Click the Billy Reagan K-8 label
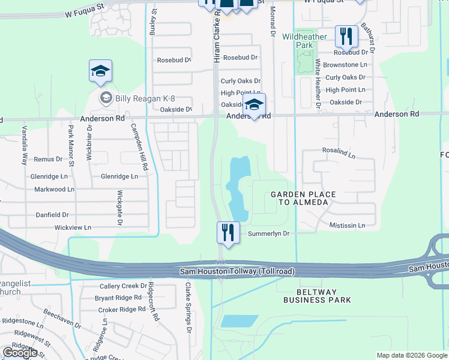137,98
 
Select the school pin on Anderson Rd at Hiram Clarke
254,105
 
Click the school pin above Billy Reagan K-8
101,72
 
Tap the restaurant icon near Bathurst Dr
346,37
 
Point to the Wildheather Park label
304,41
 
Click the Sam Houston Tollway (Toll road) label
238,272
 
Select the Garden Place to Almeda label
299,198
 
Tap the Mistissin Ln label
347,226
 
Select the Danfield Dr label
53,214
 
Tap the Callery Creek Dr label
123,286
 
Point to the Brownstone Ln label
345,65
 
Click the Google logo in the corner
20,353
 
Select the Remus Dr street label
48,160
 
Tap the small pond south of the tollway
240,321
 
